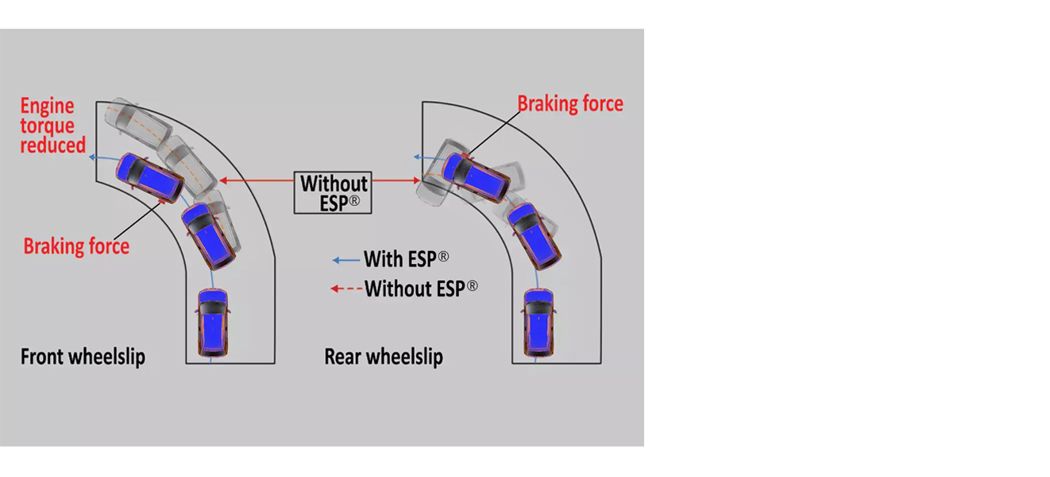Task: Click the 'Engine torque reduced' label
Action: click(52, 126)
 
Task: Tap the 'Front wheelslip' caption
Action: click(83, 356)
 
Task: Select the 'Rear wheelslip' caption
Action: click(383, 357)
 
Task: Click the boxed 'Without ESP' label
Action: click(334, 192)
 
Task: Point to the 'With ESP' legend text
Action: click(406, 259)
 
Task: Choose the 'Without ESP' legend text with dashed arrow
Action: click(421, 288)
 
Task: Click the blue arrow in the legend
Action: click(345, 260)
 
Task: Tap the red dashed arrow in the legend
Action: click(345, 289)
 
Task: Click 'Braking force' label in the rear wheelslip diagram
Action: click(569, 104)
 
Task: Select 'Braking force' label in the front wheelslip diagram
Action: click(76, 246)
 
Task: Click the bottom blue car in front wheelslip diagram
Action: click(213, 322)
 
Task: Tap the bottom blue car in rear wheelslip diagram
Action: click(538, 323)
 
